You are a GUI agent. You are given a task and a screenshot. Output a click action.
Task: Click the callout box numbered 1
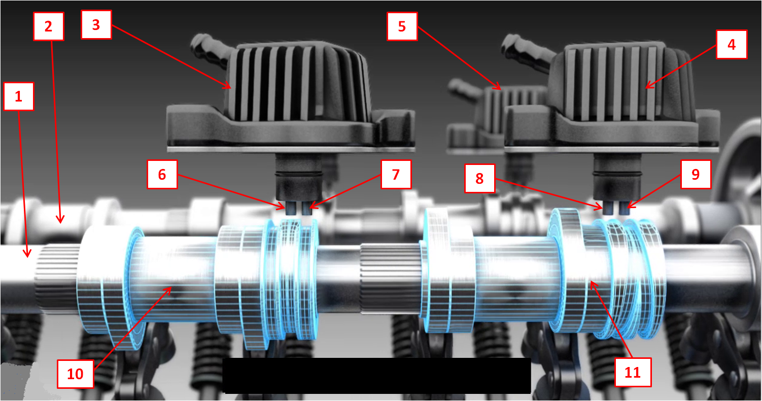[x=19, y=96]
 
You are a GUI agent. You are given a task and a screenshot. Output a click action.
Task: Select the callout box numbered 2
[x=49, y=26]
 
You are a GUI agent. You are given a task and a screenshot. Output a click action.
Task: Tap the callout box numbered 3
[x=96, y=24]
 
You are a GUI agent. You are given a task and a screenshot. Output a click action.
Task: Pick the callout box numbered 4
[x=732, y=45]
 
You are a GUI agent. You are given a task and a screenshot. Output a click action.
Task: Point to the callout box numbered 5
[x=402, y=26]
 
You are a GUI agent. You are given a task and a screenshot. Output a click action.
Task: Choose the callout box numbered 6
[x=162, y=174]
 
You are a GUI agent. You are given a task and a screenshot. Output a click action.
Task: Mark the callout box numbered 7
[x=396, y=174]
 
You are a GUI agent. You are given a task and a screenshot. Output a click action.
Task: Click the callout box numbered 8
[x=479, y=178]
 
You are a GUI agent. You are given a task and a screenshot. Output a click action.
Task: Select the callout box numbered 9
[x=696, y=174]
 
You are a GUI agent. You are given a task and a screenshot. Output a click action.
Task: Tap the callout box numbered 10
[x=75, y=374]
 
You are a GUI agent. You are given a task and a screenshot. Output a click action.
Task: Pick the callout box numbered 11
[x=633, y=372]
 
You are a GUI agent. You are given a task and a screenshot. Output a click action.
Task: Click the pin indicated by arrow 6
[x=291, y=208]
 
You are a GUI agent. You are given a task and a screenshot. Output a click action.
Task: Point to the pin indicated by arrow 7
[x=307, y=208]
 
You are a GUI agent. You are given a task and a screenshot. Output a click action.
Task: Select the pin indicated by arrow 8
[x=608, y=208]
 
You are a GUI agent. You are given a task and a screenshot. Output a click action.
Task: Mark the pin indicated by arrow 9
[x=624, y=208]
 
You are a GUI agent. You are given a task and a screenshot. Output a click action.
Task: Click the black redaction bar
[x=376, y=376]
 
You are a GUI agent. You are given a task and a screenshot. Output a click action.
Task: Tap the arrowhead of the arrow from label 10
[x=168, y=290]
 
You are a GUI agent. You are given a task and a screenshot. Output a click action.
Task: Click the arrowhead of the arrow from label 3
[x=227, y=85]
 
